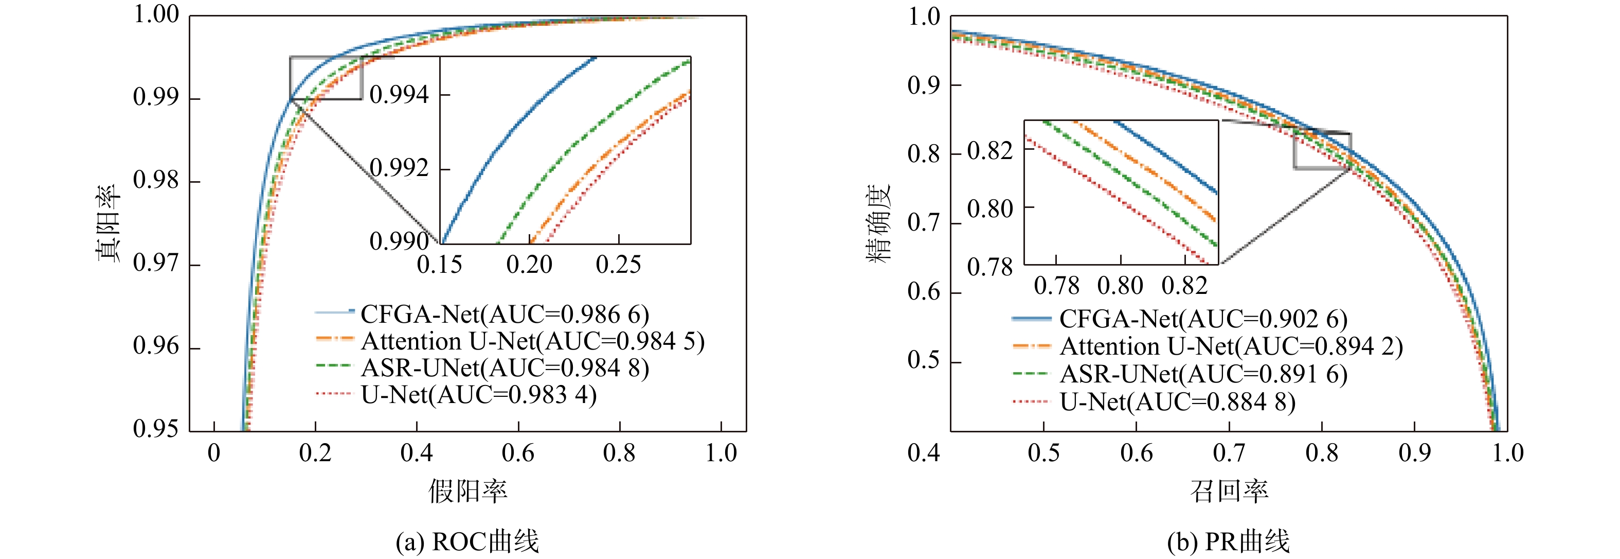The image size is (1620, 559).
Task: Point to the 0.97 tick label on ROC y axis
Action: point(156,263)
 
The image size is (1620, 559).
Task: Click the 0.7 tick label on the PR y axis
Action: point(923,223)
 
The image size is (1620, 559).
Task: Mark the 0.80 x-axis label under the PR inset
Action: point(1120,286)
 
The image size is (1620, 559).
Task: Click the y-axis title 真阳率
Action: point(107,223)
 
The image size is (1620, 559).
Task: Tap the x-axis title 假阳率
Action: point(468,491)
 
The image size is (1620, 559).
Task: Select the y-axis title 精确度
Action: point(879,223)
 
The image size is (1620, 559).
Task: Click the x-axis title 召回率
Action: point(1229,491)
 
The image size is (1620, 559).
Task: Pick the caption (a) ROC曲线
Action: point(467,541)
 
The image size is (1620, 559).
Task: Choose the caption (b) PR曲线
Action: point(1228,541)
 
